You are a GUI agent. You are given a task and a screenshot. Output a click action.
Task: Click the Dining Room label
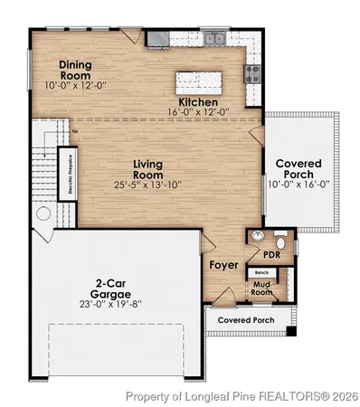click(76, 71)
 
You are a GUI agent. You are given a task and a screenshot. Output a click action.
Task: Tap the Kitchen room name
click(197, 102)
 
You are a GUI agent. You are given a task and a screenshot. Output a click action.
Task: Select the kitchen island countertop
click(201, 79)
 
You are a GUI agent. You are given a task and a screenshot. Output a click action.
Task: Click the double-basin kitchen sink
click(214, 40)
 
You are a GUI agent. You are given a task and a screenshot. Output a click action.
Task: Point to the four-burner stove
click(253, 72)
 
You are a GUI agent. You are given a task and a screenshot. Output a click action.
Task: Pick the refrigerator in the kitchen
click(156, 38)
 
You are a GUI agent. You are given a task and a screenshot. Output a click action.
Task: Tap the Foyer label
click(223, 265)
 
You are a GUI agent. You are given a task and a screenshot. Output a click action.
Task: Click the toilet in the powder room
click(280, 241)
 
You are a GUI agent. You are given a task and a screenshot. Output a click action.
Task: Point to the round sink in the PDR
click(259, 236)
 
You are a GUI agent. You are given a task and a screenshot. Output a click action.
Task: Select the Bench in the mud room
click(261, 272)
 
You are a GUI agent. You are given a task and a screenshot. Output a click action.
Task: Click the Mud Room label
click(261, 288)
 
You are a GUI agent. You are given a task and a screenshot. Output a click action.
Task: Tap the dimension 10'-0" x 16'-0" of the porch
click(298, 184)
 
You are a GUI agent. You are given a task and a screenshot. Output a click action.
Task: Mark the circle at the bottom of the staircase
click(42, 214)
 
